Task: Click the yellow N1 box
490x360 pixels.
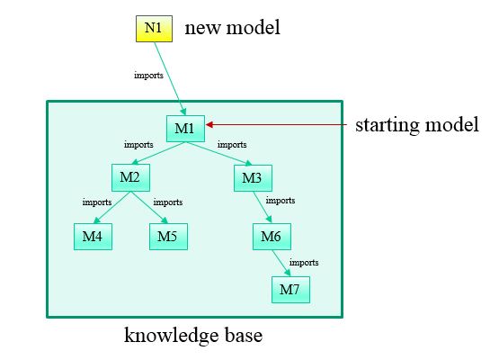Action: pos(154,29)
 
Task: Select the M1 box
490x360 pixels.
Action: pos(185,129)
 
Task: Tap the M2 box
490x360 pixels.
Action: pos(130,177)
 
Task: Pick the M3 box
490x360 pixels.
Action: pos(253,178)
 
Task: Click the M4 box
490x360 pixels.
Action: pos(93,237)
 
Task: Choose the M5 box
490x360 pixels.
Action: pos(168,237)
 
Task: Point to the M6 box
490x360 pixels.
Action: pos(272,237)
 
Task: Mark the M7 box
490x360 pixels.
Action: pos(290,290)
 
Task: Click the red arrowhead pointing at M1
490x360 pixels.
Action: pos(209,125)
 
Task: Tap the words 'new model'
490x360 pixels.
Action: pos(233,28)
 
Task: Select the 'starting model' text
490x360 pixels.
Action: pos(417,125)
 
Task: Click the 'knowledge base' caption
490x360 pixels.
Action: pos(193,336)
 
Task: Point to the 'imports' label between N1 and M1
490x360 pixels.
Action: pos(148,76)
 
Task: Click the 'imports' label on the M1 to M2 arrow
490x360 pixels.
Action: pos(138,145)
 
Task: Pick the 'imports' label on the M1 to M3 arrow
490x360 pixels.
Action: pos(232,145)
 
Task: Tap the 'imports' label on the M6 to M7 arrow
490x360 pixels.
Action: pos(304,263)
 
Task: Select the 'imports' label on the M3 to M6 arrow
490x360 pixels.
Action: pos(281,201)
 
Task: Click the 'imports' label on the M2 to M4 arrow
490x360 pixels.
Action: pos(97,202)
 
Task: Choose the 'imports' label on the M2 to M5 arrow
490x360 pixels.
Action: pos(168,202)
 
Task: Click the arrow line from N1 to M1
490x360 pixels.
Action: pos(170,78)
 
